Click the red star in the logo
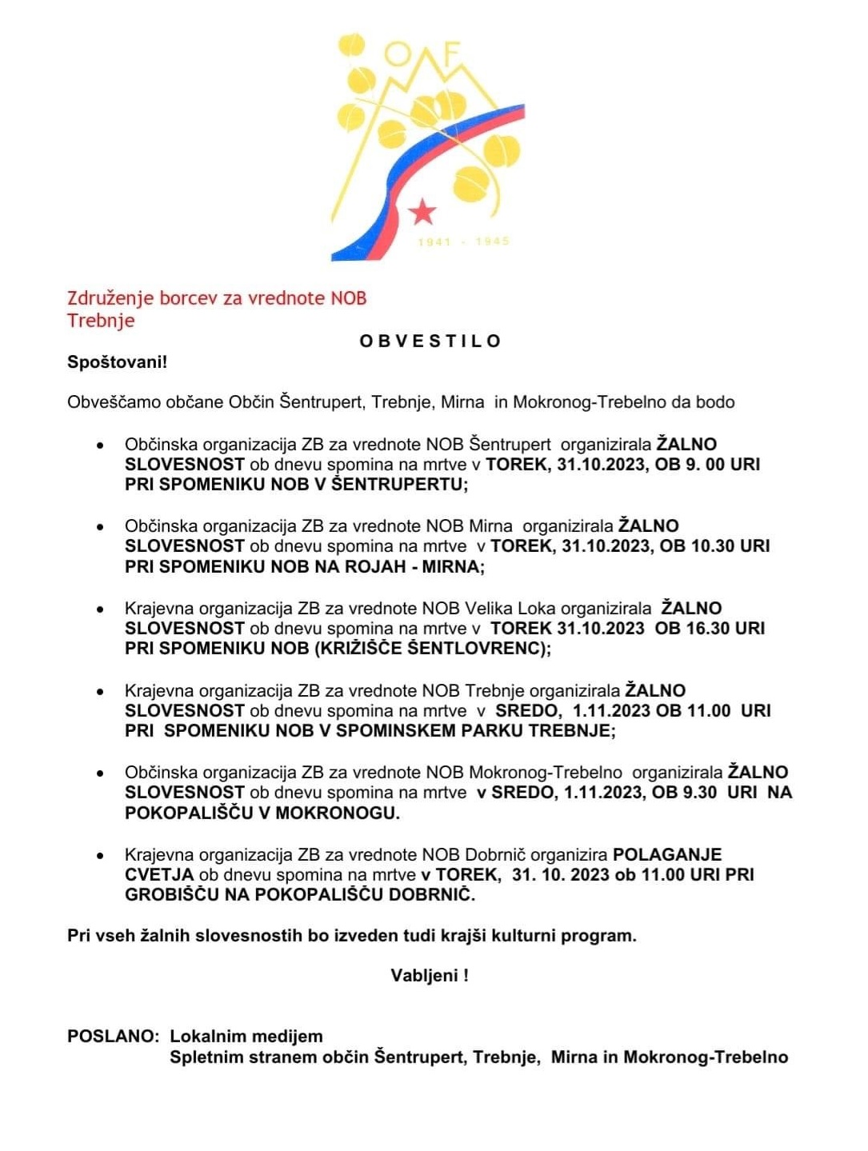click(422, 211)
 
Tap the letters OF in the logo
click(424, 54)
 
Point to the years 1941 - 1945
click(463, 241)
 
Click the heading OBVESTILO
click(430, 342)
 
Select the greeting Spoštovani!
click(117, 362)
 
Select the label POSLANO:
click(114, 1037)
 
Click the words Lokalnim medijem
click(246, 1037)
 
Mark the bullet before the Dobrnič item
click(99, 856)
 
